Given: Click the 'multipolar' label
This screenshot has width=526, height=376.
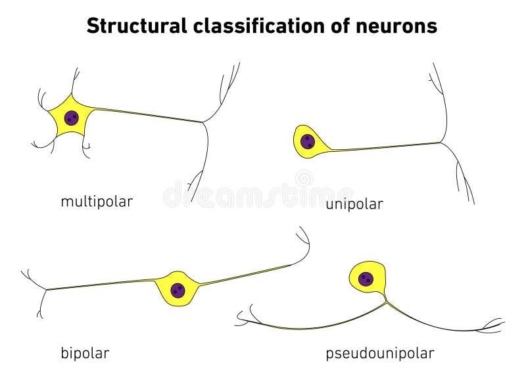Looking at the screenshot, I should pyautogui.click(x=97, y=201).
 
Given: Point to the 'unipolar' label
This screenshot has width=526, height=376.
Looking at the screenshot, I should pyautogui.click(x=354, y=204).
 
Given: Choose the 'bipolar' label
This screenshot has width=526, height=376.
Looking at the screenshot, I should pyautogui.click(x=85, y=353).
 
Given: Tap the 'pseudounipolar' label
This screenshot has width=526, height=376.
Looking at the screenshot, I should pyautogui.click(x=380, y=353).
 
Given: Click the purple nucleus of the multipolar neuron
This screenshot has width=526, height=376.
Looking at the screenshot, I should pyautogui.click(x=71, y=118).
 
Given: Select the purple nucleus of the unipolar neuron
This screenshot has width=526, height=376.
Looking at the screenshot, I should pyautogui.click(x=307, y=141).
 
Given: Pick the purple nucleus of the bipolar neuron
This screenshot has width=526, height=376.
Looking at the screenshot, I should pyautogui.click(x=177, y=290).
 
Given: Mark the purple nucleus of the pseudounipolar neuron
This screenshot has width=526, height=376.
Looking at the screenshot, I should pyautogui.click(x=366, y=279).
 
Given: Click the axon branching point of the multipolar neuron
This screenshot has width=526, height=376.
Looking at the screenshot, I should pyautogui.click(x=204, y=122).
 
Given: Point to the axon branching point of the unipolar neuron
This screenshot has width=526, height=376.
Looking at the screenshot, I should pyautogui.click(x=441, y=143).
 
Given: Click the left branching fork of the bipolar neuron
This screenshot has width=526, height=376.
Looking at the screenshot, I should pyautogui.click(x=45, y=289).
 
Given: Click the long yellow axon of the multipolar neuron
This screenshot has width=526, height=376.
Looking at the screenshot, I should pyautogui.click(x=145, y=114).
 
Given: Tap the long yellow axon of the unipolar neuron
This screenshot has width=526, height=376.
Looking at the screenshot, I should pyautogui.click(x=381, y=147).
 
